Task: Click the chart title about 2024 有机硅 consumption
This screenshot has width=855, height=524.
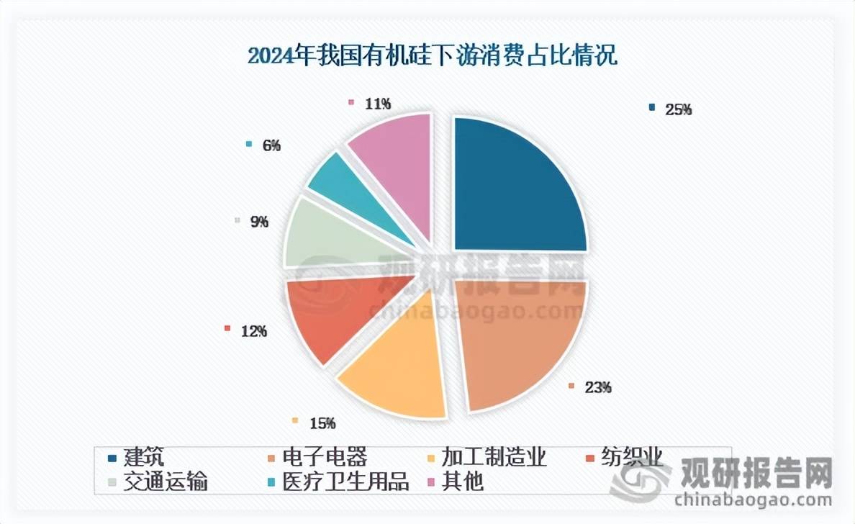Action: (x=432, y=56)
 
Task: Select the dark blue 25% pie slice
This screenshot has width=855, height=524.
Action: (x=515, y=187)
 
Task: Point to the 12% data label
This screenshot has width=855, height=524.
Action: (x=254, y=331)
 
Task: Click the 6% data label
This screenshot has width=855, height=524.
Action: (x=271, y=146)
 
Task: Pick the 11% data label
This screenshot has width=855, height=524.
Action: (x=378, y=104)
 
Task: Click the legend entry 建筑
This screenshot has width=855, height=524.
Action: (x=143, y=458)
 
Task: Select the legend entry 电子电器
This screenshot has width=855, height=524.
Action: (x=324, y=458)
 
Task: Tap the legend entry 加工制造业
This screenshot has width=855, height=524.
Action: (x=494, y=458)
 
